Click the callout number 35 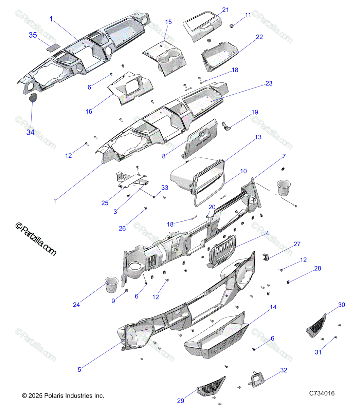(33, 35)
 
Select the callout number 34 (31, 132)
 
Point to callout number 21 (226, 10)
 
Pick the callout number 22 (259, 37)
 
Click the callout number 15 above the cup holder (168, 22)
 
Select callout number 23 (269, 83)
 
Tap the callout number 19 (255, 112)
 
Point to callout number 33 (165, 188)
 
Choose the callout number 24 (76, 305)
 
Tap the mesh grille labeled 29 (211, 386)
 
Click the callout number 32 (284, 370)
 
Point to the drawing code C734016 (322, 393)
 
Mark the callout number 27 (297, 244)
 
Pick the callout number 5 (79, 370)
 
